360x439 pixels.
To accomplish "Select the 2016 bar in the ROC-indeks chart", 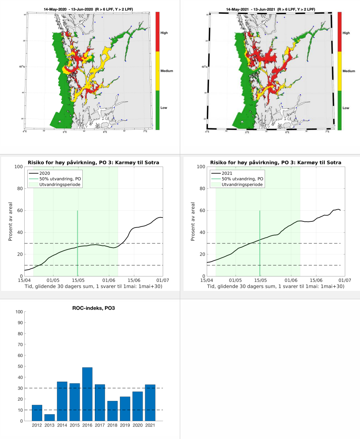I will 87,394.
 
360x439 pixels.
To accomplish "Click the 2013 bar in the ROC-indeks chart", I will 50,417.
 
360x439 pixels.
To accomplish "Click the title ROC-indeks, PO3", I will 93,308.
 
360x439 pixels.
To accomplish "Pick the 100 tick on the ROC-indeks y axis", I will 19,312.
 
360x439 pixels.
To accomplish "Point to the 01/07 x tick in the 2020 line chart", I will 163,280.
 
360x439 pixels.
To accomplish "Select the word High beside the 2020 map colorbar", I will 163,33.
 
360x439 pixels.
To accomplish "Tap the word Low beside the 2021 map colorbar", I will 346,108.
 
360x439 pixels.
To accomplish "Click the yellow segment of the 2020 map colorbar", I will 157,71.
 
